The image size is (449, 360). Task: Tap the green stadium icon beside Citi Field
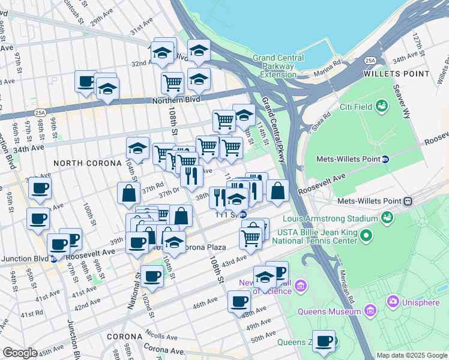(382, 107)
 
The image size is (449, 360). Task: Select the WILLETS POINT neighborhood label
(397, 74)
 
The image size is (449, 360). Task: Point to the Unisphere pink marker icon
(393, 301)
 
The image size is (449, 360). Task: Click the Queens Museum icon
(370, 311)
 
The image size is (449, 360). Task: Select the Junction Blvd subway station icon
(54, 259)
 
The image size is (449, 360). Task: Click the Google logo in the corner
(20, 353)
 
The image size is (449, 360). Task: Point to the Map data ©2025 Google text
(411, 355)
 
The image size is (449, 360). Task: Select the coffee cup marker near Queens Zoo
(324, 341)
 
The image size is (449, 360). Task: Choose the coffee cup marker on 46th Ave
(239, 301)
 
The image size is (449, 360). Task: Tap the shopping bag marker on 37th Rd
(130, 193)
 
